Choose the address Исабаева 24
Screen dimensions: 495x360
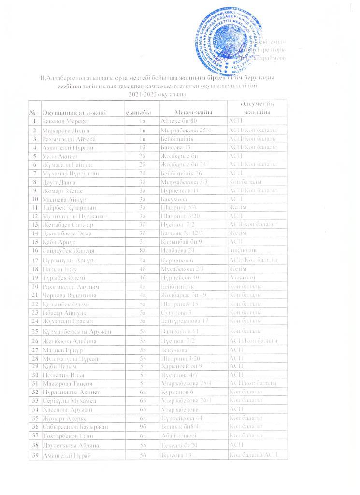pos(177,250)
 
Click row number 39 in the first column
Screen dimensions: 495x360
pos(34,456)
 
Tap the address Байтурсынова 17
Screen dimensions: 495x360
pos(185,320)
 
